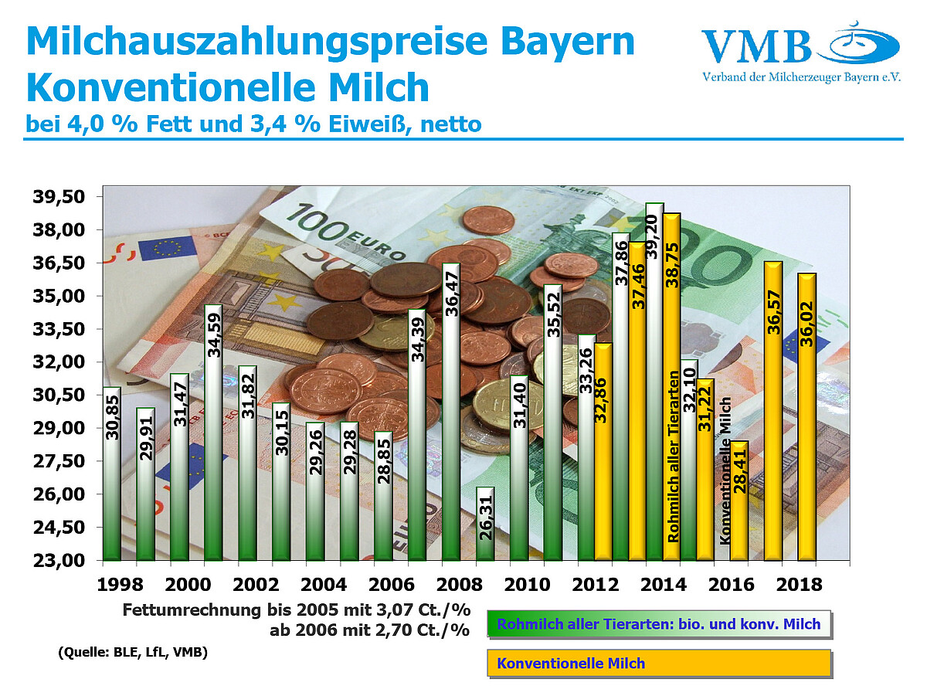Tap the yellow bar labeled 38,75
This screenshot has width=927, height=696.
click(x=671, y=386)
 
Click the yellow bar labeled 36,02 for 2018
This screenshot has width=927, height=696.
click(x=806, y=416)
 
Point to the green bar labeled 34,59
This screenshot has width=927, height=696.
click(x=214, y=432)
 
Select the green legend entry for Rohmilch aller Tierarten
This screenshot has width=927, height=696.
click(x=659, y=624)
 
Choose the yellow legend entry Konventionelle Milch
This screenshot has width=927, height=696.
click(x=659, y=664)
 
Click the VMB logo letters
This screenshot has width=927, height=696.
click(x=756, y=48)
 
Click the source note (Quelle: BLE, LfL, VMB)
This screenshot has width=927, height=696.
click(x=132, y=653)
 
